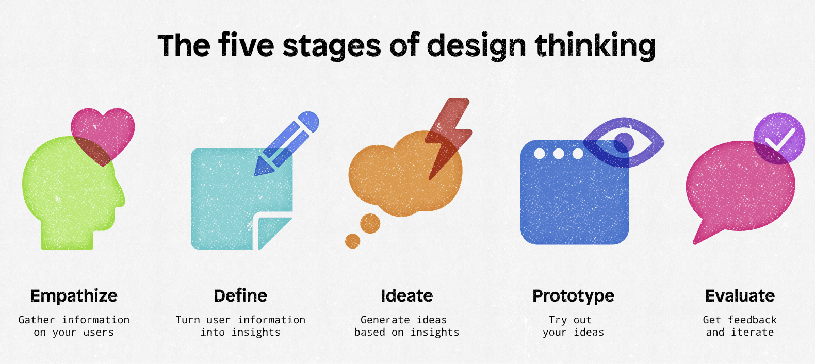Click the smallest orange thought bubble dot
coord(352,241)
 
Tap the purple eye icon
coord(624,142)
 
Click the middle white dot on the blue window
coord(559,154)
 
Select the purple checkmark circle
coord(779,139)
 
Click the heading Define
coord(240,295)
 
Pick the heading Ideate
coord(407,295)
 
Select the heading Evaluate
coord(740,295)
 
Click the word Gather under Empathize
coord(37,320)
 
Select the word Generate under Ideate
coord(385,320)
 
